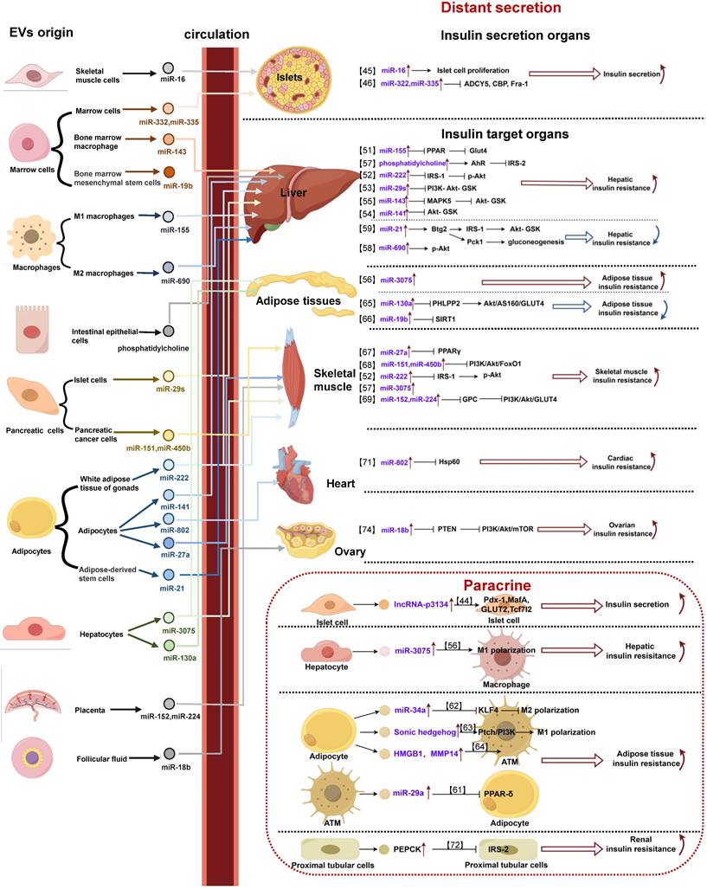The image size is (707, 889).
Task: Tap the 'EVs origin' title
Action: [x=41, y=34]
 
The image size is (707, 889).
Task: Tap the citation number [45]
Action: [x=368, y=68]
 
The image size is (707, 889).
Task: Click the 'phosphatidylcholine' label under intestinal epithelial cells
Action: [x=168, y=348]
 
